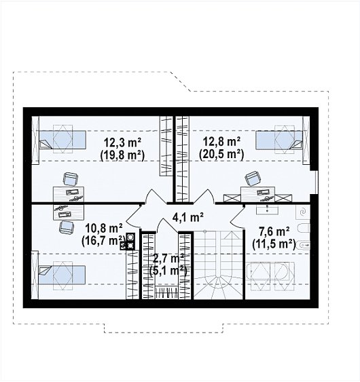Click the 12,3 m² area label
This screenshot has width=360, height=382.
pos(123,142)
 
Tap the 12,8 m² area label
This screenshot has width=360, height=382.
pos(221,142)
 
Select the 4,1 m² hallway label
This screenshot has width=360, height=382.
pos(187,217)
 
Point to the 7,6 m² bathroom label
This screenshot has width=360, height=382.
pos(274,232)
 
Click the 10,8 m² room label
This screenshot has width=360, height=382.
pos(104,229)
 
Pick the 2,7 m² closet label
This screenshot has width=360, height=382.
pos(168,259)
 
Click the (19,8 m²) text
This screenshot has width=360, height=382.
pos(123,155)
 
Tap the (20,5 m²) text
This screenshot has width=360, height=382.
pos(221,155)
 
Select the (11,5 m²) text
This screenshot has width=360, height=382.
pos(274,244)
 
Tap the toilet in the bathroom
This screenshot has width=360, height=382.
pos(304,228)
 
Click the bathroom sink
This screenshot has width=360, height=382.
pos(268,210)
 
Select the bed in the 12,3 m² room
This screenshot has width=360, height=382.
pos(62,140)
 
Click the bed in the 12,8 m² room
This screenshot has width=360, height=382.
pos(279,140)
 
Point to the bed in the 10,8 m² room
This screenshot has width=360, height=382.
pos(62,275)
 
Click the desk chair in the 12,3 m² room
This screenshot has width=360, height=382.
pos(71,179)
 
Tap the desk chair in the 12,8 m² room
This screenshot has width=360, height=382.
pos(253,178)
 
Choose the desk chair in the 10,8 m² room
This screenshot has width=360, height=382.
pos(67,227)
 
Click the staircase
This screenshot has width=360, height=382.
pos(219,265)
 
